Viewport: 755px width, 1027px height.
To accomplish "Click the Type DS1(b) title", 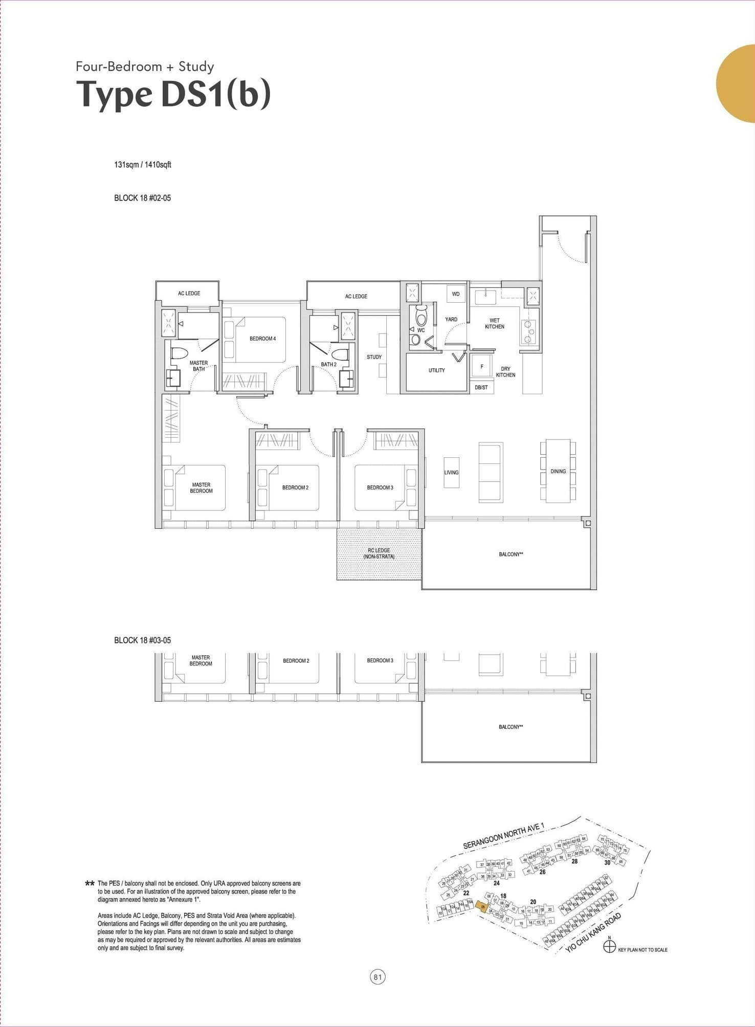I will click(173, 95).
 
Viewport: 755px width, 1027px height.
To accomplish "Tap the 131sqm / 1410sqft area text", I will click(142, 165).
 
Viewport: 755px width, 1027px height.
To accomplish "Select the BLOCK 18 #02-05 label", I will click(142, 198).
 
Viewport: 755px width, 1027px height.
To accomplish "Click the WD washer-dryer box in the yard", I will click(456, 294).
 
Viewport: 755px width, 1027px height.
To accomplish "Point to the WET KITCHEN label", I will click(494, 324).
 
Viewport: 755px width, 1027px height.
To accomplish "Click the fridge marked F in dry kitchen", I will click(481, 367).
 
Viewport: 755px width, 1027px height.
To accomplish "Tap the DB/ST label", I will click(481, 388).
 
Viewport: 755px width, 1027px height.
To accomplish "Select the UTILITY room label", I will click(436, 370).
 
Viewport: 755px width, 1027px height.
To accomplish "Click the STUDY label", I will click(374, 357).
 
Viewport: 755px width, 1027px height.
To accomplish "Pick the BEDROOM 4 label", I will click(262, 339).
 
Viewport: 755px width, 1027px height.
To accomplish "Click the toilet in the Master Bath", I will click(179, 353).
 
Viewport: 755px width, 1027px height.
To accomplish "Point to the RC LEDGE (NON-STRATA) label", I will click(379, 553).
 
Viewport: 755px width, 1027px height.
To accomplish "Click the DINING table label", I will click(558, 471).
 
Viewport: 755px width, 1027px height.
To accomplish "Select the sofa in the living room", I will click(491, 472).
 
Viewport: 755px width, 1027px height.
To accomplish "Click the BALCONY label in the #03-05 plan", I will click(510, 727).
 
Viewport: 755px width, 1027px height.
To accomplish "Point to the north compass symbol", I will click(609, 948).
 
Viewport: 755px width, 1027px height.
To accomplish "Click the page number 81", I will click(377, 977).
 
